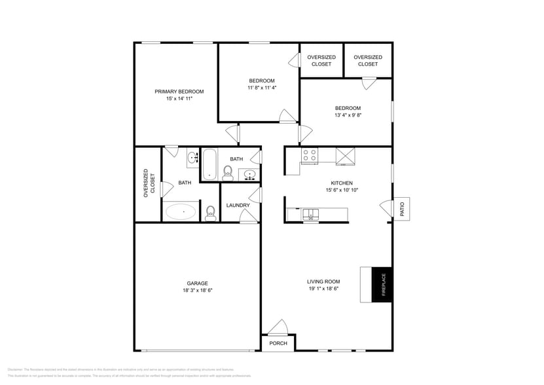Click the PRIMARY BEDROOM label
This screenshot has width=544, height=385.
point(179,92)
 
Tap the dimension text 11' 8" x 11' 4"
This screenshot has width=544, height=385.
point(261,87)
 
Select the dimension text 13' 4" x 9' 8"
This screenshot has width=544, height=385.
point(348,115)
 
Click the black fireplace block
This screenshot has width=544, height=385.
point(382,285)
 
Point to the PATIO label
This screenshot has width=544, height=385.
point(403,209)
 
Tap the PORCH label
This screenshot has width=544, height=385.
point(278,343)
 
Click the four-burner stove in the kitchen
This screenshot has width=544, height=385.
point(309,155)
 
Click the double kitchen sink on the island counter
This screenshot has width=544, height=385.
point(310,213)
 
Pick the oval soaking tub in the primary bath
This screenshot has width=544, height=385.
point(181,211)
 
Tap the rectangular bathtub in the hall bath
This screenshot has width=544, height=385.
point(209,164)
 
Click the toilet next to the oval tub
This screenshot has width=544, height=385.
point(210,213)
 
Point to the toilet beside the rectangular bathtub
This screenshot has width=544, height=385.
point(228,172)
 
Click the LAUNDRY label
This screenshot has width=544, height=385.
point(238,205)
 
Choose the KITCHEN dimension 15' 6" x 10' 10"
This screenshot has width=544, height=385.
point(342,190)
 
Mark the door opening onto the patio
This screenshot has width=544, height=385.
point(386,208)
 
